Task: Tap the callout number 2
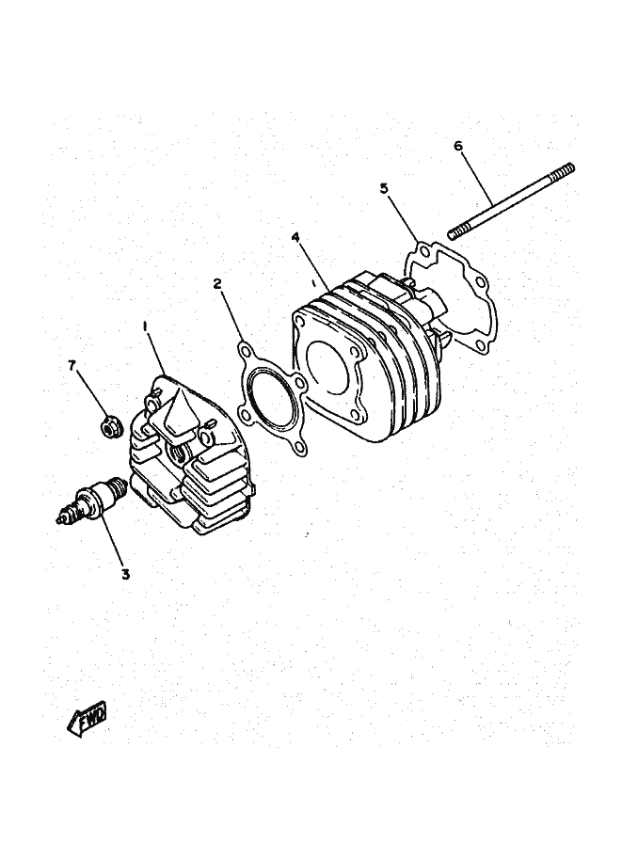(217, 283)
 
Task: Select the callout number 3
(125, 574)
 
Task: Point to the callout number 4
(295, 237)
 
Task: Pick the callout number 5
(384, 188)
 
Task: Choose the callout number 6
(458, 146)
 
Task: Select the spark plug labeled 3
(92, 501)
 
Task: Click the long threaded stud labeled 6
(511, 201)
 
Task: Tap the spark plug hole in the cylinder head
(176, 453)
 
